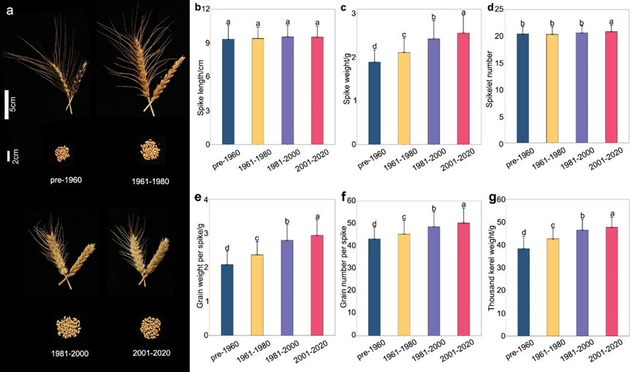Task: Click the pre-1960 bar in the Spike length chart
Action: (x=228, y=92)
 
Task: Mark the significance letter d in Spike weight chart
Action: (x=375, y=45)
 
